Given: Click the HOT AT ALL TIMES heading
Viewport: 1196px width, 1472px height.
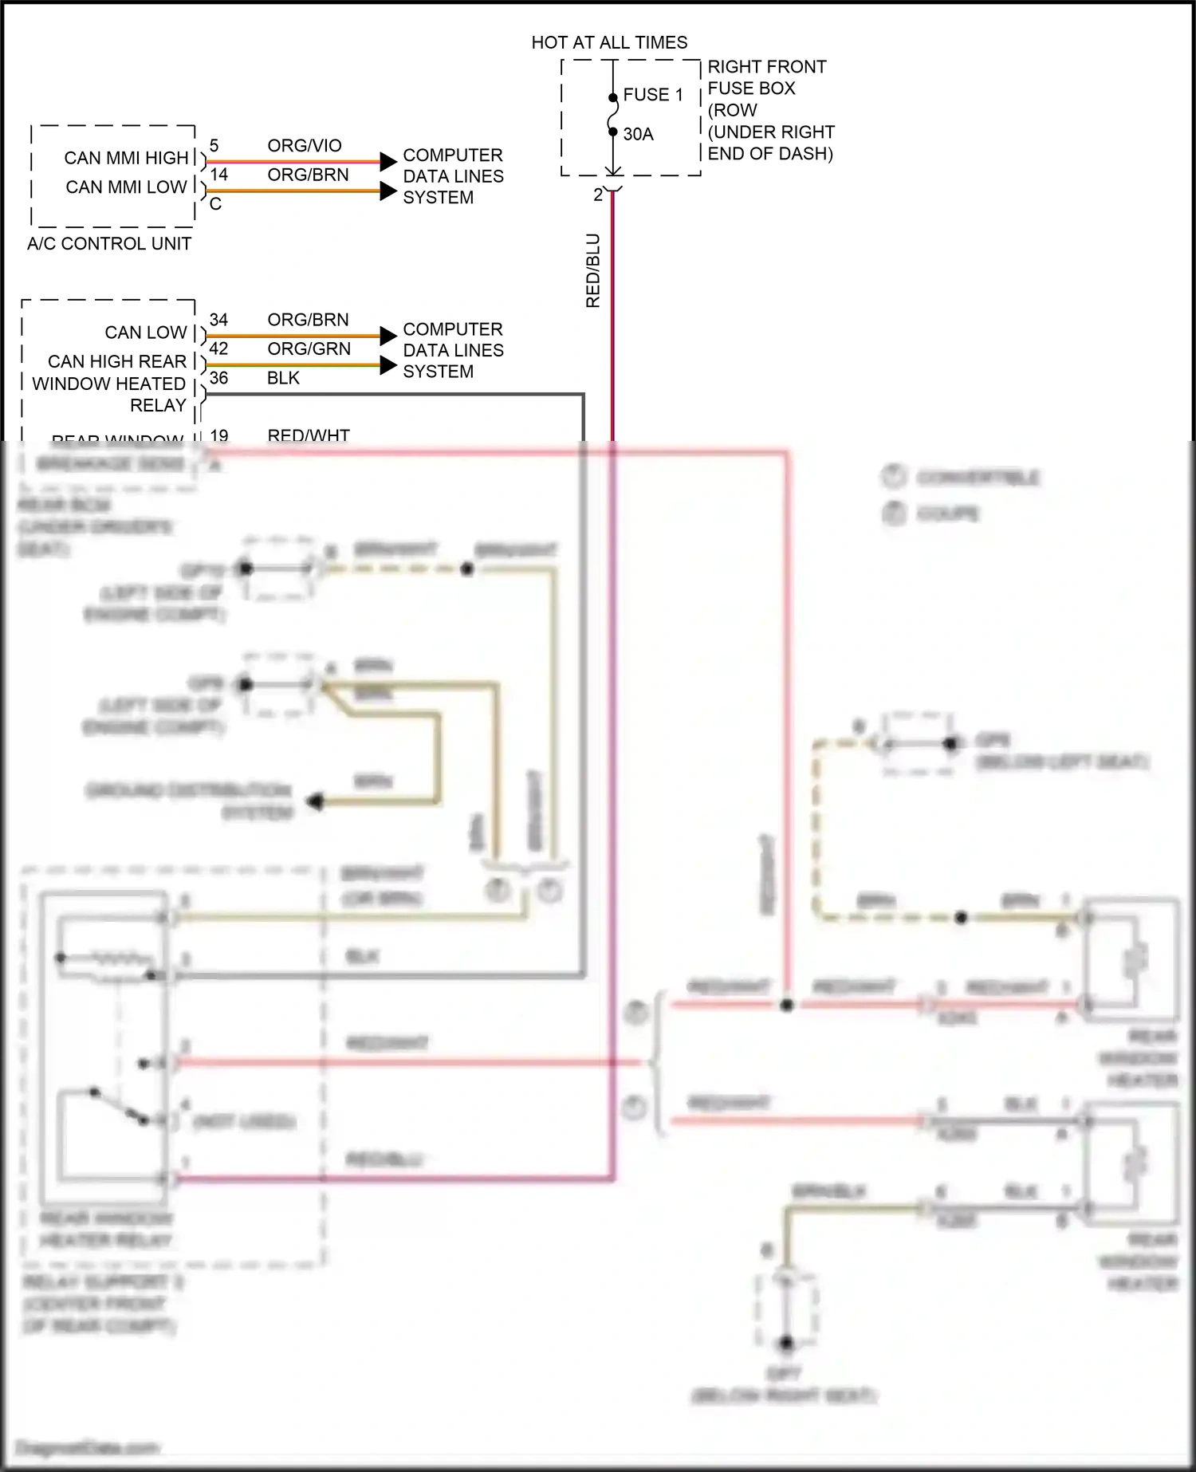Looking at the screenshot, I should coord(609,42).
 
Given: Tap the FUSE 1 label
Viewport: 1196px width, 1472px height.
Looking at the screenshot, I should coord(653,95).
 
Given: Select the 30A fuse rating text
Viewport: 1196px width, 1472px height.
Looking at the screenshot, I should coord(638,134).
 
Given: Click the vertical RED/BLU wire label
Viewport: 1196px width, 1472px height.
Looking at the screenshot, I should coord(592,270).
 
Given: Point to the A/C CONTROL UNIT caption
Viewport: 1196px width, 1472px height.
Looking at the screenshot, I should coord(109,244).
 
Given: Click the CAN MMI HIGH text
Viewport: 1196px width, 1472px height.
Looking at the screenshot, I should coord(126,158).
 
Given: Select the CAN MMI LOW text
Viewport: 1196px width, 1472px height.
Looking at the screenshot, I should coord(126,187).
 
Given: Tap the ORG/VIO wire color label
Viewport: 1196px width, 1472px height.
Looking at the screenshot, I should coord(305,145).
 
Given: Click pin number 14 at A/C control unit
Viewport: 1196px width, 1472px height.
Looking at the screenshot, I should coord(218,175).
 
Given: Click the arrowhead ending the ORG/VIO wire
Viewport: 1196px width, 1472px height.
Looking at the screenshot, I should coord(388,162).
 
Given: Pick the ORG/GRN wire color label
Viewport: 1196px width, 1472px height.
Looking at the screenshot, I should coord(309,348).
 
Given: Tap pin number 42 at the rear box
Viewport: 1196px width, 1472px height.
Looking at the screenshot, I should coord(218,348).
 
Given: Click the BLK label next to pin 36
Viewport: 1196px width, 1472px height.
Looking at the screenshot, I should coord(283,378).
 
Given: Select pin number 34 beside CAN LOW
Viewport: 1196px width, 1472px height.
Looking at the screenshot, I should coord(218,320).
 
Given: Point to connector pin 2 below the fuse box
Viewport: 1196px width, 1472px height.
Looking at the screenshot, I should coord(598,195).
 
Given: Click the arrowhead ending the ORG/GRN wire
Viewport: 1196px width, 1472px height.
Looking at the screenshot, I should coord(388,365).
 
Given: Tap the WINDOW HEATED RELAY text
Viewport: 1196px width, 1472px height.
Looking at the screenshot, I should coord(109,394).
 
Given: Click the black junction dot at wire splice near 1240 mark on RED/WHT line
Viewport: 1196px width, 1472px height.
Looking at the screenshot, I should coord(787,1005).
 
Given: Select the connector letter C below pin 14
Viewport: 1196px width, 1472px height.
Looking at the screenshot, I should coord(215,205).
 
